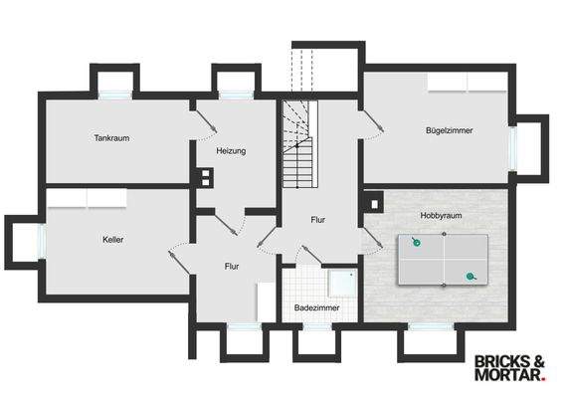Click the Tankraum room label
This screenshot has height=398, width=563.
tap(112, 138)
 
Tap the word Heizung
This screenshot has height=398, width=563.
tap(231, 151)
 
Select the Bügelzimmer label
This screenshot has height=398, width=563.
tap(450, 130)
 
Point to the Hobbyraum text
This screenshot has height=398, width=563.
tap(441, 215)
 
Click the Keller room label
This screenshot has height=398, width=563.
tap(112, 240)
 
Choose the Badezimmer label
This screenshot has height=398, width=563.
tap(316, 308)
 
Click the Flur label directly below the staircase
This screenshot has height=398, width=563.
tap(317, 219)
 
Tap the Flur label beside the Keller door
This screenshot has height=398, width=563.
tap(231, 267)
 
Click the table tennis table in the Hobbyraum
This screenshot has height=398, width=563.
tap(444, 260)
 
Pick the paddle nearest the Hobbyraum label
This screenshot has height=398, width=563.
tap(417, 242)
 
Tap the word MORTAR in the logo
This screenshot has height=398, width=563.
tap(508, 376)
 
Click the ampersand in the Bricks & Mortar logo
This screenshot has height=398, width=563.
tap(539, 361)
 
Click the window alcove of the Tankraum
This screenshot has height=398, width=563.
tap(114, 84)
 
